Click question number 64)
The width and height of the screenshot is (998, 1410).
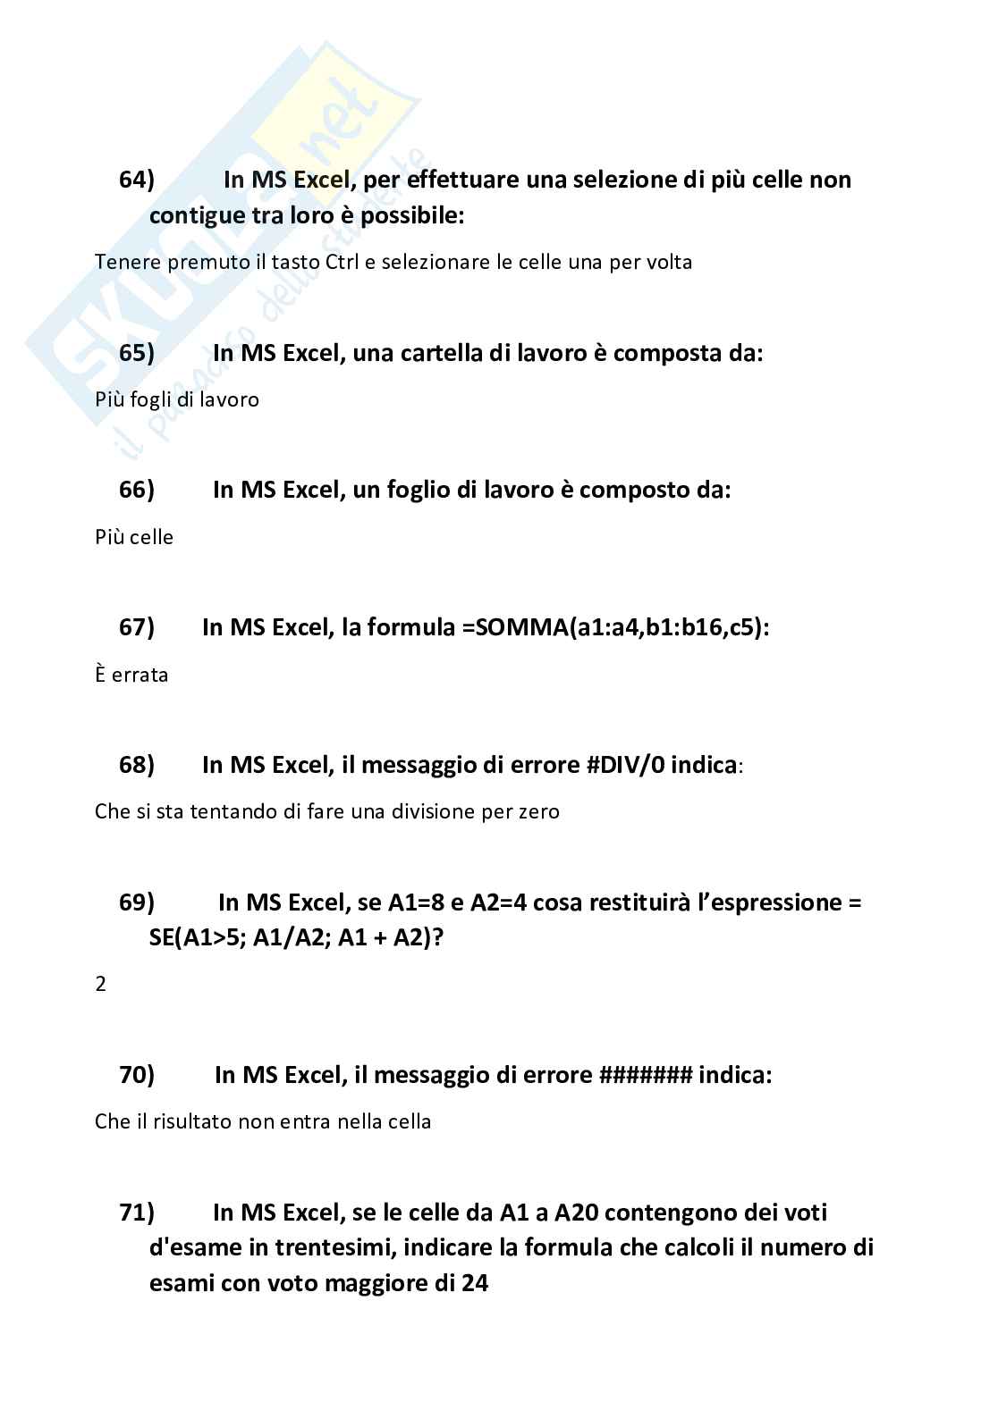136,180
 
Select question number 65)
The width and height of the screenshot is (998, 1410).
136,353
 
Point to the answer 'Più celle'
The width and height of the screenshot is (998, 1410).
134,537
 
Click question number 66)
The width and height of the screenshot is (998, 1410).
136,490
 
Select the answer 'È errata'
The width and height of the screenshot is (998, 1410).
131,675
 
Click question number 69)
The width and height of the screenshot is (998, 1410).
136,902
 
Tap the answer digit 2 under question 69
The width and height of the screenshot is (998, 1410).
100,985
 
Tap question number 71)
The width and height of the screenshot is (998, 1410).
136,1213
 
